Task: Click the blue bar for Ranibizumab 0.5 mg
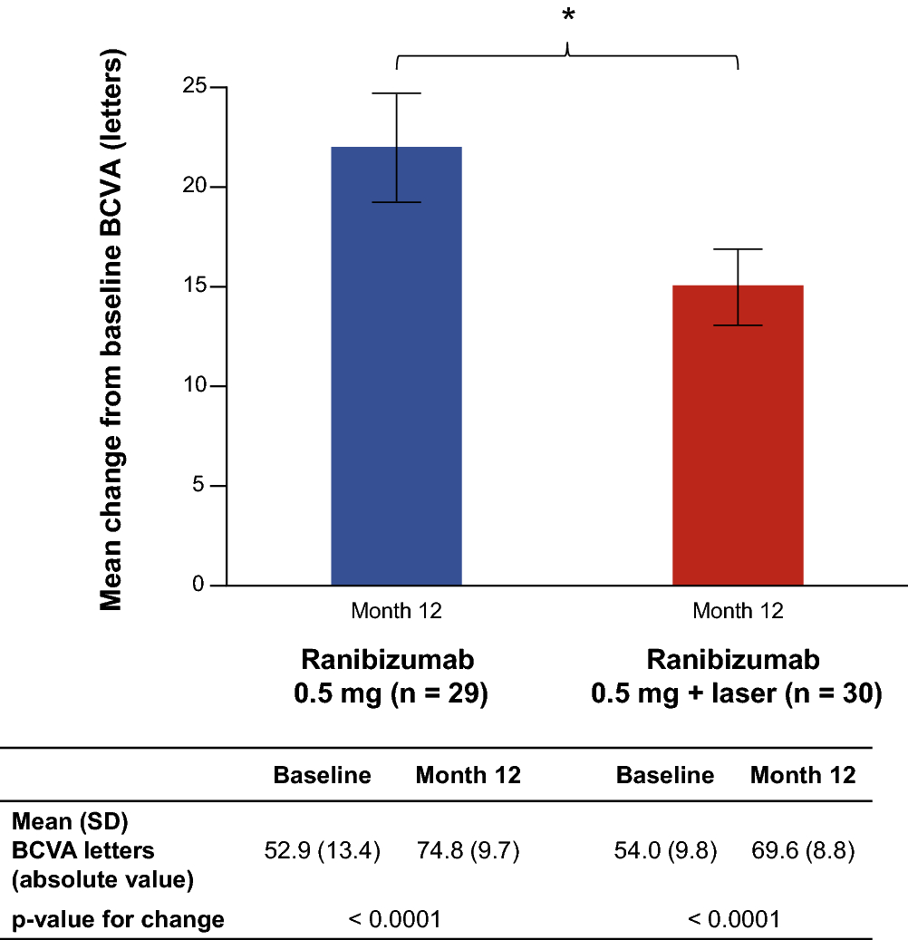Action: (x=396, y=381)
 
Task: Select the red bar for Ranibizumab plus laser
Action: (x=738, y=444)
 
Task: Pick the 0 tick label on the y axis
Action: (x=198, y=586)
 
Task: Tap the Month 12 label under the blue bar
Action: (x=396, y=611)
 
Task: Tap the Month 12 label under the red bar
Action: (x=738, y=611)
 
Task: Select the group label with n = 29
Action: (x=390, y=677)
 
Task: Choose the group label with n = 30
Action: (x=737, y=677)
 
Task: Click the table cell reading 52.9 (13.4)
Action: (x=322, y=851)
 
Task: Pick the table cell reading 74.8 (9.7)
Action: (x=468, y=851)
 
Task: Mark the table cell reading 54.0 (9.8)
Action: (x=665, y=851)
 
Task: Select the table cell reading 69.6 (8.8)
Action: (x=803, y=851)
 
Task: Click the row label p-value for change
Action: (x=118, y=920)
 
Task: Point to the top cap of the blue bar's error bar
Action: (x=397, y=93)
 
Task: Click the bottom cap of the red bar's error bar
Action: (x=738, y=325)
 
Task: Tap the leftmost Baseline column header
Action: (x=322, y=775)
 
